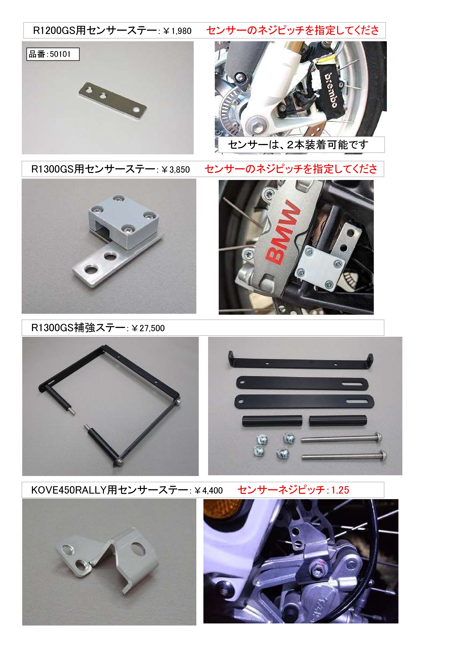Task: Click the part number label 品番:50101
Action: pyautogui.click(x=50, y=54)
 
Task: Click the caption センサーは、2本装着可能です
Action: pyautogui.click(x=298, y=145)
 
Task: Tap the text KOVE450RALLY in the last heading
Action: pyautogui.click(x=69, y=490)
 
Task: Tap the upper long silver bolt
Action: pyautogui.click(x=342, y=438)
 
